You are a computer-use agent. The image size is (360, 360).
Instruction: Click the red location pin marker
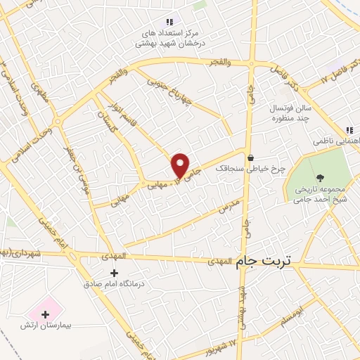coord(181,165)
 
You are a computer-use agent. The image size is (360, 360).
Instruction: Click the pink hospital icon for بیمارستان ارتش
coord(47,310)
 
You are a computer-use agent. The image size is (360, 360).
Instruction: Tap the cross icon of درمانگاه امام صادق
coord(115,273)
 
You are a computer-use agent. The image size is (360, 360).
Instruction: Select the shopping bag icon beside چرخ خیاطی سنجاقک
coord(251,157)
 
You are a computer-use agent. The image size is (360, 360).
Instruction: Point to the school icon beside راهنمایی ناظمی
coord(349,130)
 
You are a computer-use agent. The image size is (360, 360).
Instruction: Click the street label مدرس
coord(229,205)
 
